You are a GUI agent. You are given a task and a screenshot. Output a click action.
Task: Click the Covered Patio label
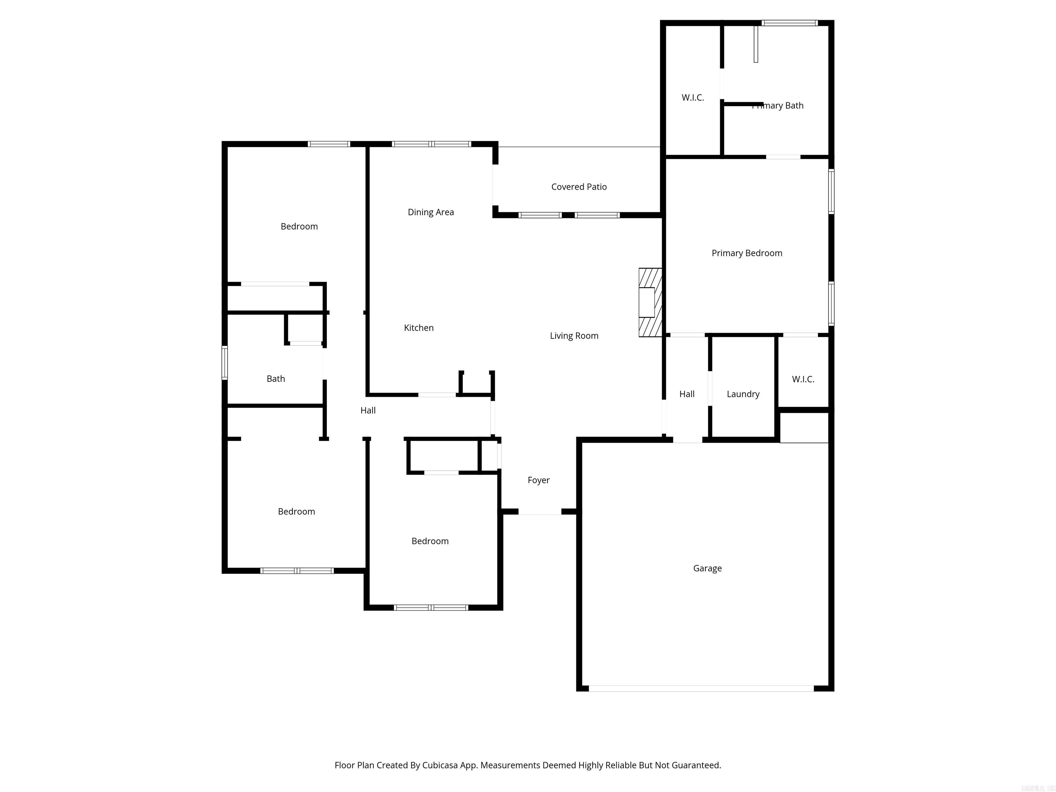(579, 187)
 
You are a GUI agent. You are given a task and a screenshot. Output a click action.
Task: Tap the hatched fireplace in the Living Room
(650, 302)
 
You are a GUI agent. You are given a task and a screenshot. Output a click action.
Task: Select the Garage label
(707, 568)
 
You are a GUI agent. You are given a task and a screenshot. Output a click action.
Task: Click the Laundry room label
(743, 394)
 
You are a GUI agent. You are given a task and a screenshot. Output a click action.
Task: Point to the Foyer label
(539, 480)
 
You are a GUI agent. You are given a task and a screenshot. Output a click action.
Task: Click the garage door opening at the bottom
(701, 689)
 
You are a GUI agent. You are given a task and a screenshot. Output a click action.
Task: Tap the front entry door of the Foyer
(540, 512)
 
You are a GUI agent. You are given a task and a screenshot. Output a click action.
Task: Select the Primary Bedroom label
(747, 253)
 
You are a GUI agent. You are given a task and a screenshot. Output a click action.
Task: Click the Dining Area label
(431, 212)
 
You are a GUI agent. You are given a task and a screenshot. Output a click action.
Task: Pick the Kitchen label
(419, 328)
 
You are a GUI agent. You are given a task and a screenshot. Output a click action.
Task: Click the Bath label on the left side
(275, 378)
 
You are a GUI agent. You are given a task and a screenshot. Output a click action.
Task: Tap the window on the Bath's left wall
(224, 363)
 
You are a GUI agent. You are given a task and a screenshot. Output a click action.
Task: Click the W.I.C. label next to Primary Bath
(693, 97)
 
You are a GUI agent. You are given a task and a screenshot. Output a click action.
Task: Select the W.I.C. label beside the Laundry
(803, 379)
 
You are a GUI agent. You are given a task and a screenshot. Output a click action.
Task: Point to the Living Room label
(574, 335)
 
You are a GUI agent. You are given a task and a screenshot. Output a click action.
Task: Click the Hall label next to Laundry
(686, 394)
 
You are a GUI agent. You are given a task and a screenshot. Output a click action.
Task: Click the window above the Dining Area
(431, 144)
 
